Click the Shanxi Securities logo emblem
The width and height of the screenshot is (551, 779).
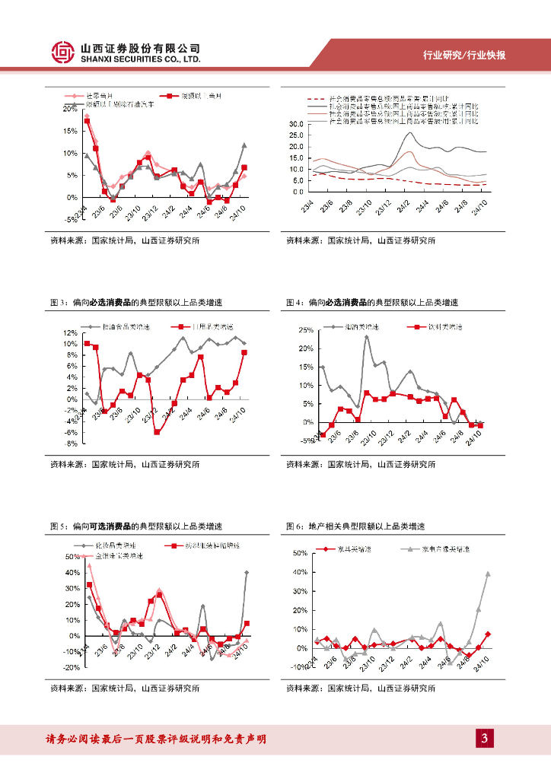click(x=64, y=51)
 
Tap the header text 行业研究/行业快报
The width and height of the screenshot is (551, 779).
click(x=464, y=56)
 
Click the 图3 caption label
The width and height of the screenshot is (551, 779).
click(x=59, y=303)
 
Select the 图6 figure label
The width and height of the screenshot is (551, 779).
click(x=295, y=526)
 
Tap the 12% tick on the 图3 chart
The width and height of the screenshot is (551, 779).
click(x=70, y=333)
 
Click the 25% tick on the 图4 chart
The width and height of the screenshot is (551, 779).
click(x=305, y=331)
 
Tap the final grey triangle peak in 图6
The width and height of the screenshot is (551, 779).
click(x=488, y=574)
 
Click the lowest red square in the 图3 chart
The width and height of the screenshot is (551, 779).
click(x=157, y=432)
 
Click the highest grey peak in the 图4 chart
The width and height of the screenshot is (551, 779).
click(x=367, y=337)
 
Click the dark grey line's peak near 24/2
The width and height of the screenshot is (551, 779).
click(x=409, y=133)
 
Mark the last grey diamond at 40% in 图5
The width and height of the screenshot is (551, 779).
click(x=247, y=572)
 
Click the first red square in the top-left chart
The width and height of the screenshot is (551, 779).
click(x=87, y=121)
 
